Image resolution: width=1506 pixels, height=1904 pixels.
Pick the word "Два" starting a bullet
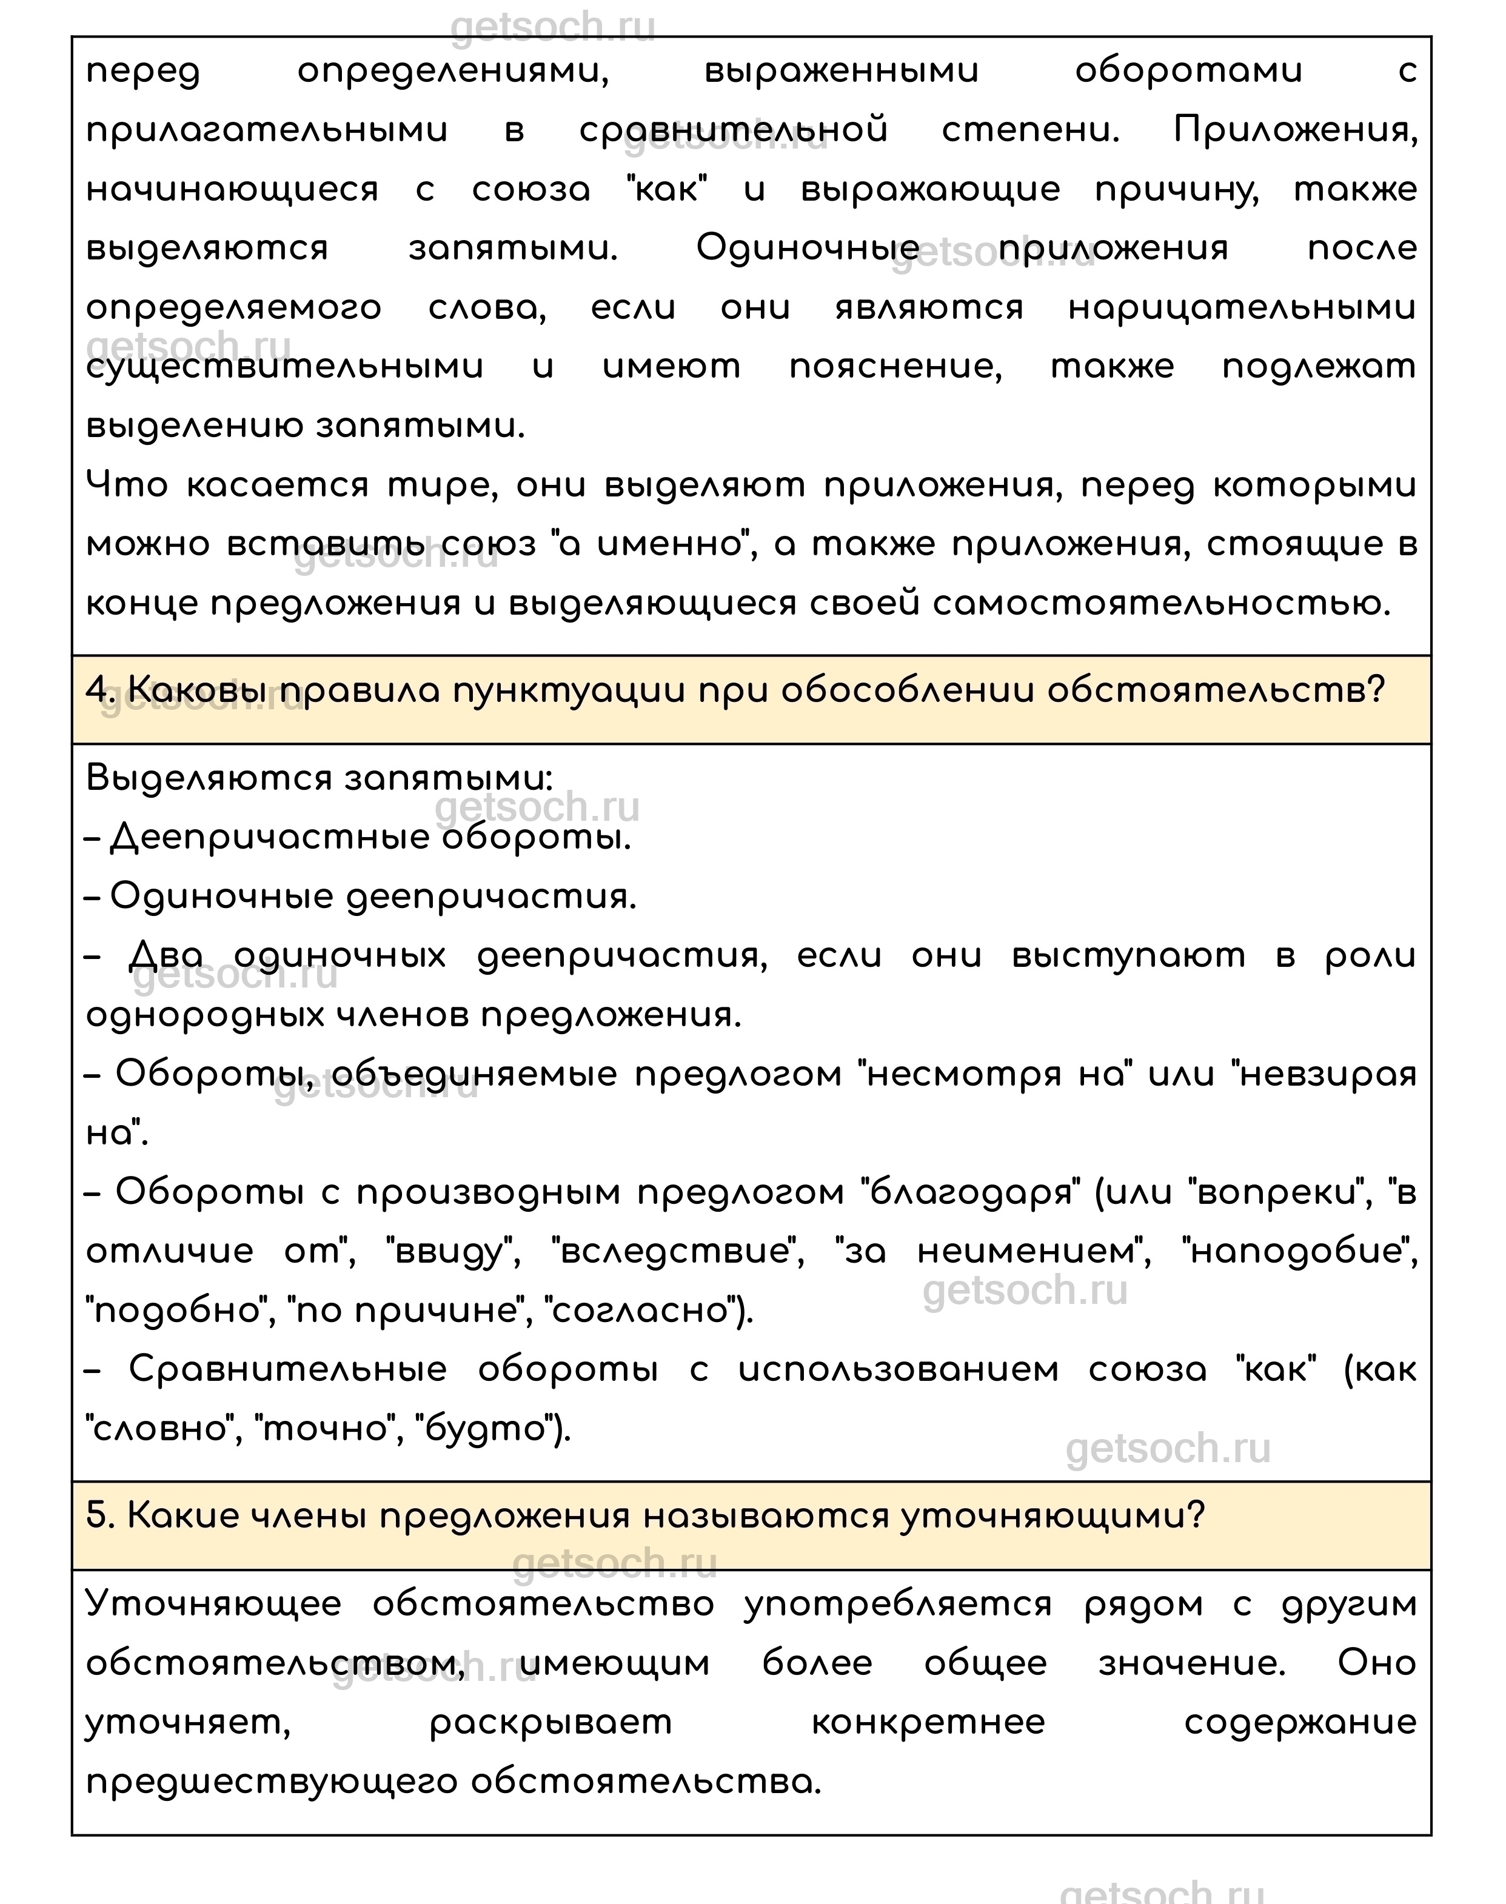tap(166, 955)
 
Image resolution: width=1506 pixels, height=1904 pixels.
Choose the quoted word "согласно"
tap(642, 1311)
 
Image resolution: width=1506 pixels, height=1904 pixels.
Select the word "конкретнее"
tap(928, 1722)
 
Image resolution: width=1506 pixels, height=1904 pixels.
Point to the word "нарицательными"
tap(1242, 308)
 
